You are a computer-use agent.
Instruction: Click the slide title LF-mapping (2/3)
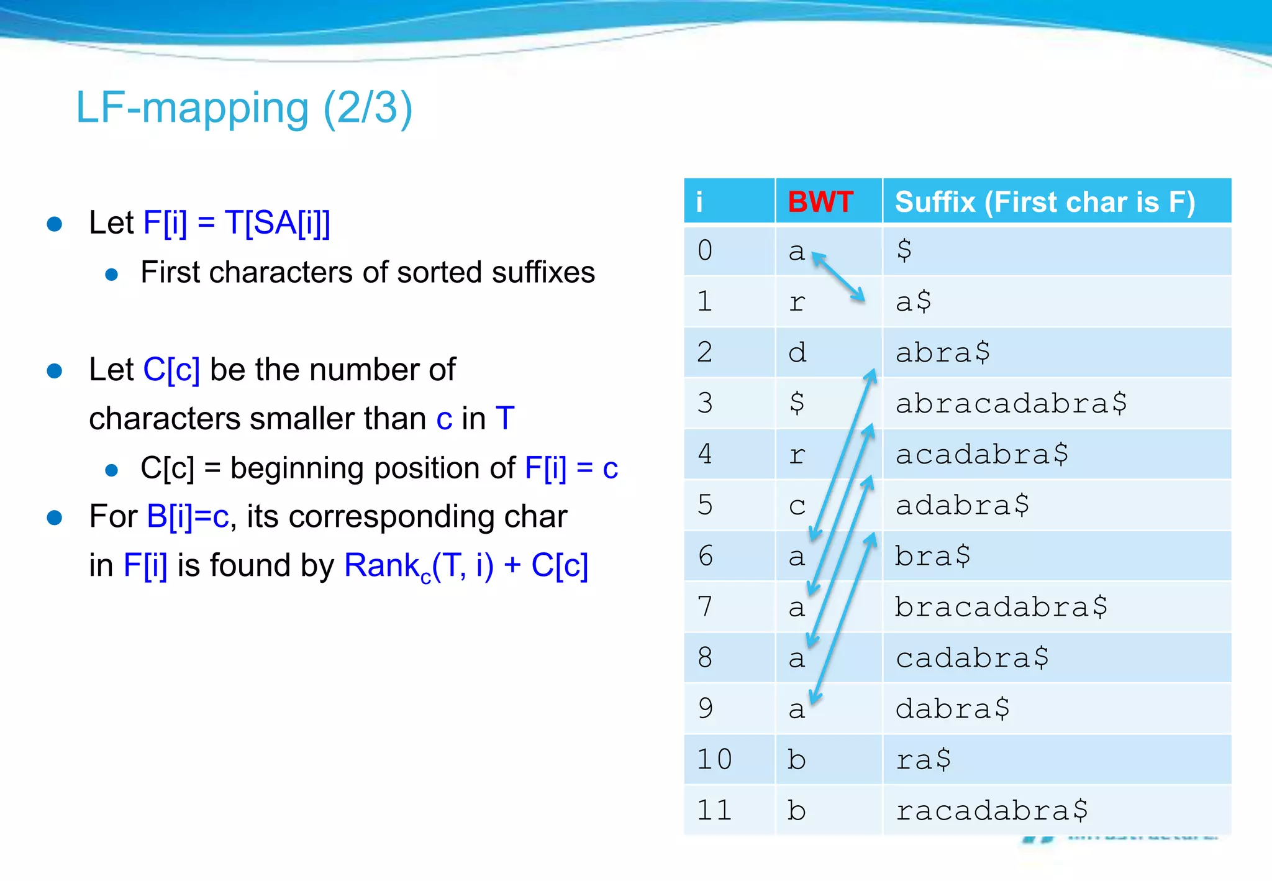244,108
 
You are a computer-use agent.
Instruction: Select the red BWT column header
820,202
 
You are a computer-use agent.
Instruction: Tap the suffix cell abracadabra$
1011,403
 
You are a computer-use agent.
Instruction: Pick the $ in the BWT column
796,403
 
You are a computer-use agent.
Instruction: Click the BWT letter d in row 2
797,353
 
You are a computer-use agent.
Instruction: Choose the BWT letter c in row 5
797,506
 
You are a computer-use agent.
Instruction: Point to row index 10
714,759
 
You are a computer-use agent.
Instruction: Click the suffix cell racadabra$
991,810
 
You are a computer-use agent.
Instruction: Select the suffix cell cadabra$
972,657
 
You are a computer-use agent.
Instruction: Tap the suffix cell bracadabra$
1001,606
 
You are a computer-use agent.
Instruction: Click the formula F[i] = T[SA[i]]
237,222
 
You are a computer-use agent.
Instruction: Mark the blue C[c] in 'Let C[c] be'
171,370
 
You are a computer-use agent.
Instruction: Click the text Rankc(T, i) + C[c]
466,566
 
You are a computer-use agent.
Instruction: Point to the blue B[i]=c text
188,516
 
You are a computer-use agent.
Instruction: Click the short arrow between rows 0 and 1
838,276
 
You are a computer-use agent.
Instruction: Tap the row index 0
704,250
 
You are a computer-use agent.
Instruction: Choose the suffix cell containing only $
904,250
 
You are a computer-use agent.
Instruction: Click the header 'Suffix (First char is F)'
1045,202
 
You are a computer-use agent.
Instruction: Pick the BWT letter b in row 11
796,810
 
